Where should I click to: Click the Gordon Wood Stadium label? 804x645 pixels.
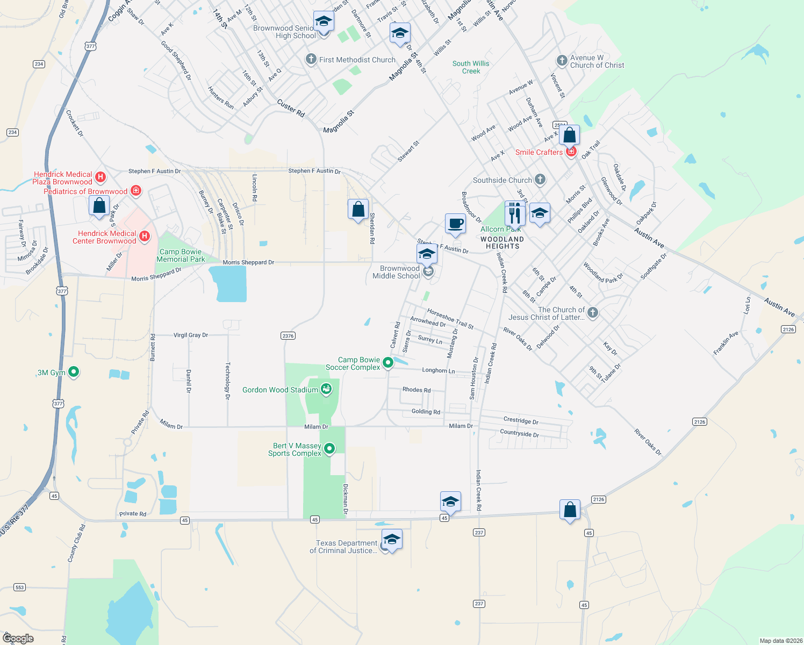coord(280,390)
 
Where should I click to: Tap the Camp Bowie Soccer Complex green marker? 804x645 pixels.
coord(387,363)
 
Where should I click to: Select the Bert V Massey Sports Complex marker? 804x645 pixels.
coord(330,448)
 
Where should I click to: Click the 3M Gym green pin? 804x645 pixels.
coord(74,371)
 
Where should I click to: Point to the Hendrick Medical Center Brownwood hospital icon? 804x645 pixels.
coord(145,236)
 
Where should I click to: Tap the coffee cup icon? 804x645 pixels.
coord(455,223)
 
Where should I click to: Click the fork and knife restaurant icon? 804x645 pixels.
coord(515,213)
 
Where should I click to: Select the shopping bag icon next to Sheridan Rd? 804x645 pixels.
coord(358,209)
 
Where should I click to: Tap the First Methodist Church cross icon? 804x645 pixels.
coord(311,59)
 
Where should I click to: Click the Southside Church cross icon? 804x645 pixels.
coord(540,180)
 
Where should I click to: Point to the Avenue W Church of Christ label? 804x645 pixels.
coord(597,61)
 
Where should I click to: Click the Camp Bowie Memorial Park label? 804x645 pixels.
coord(181,255)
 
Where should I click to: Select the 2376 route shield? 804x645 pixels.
coord(288,335)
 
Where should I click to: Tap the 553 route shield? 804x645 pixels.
coord(20,587)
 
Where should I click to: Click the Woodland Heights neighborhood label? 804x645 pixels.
coord(502,243)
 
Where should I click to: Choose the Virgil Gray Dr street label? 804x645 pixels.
coord(190,335)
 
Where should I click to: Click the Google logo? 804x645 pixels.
coord(18,638)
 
